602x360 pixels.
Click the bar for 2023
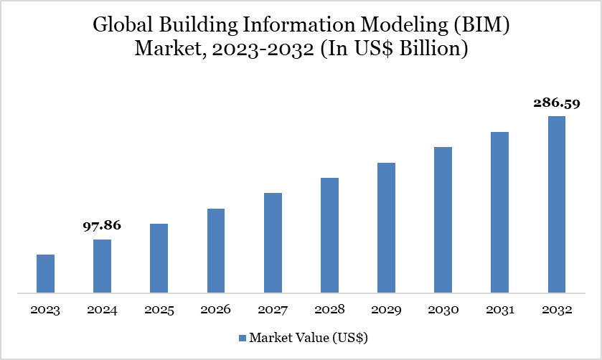tap(45, 274)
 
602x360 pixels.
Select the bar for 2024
tap(102, 266)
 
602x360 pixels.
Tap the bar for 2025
tap(159, 258)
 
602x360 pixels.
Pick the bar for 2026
tap(216, 251)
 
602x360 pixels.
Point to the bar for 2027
tap(273, 243)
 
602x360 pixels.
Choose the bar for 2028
tap(329, 235)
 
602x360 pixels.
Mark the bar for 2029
tap(386, 228)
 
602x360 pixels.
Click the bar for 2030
tap(443, 220)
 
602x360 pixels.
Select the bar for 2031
tap(499, 212)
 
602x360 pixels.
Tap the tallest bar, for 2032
tap(557, 204)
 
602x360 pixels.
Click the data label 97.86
tap(102, 226)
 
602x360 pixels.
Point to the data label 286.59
tap(557, 103)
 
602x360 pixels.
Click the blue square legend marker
tap(242, 337)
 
